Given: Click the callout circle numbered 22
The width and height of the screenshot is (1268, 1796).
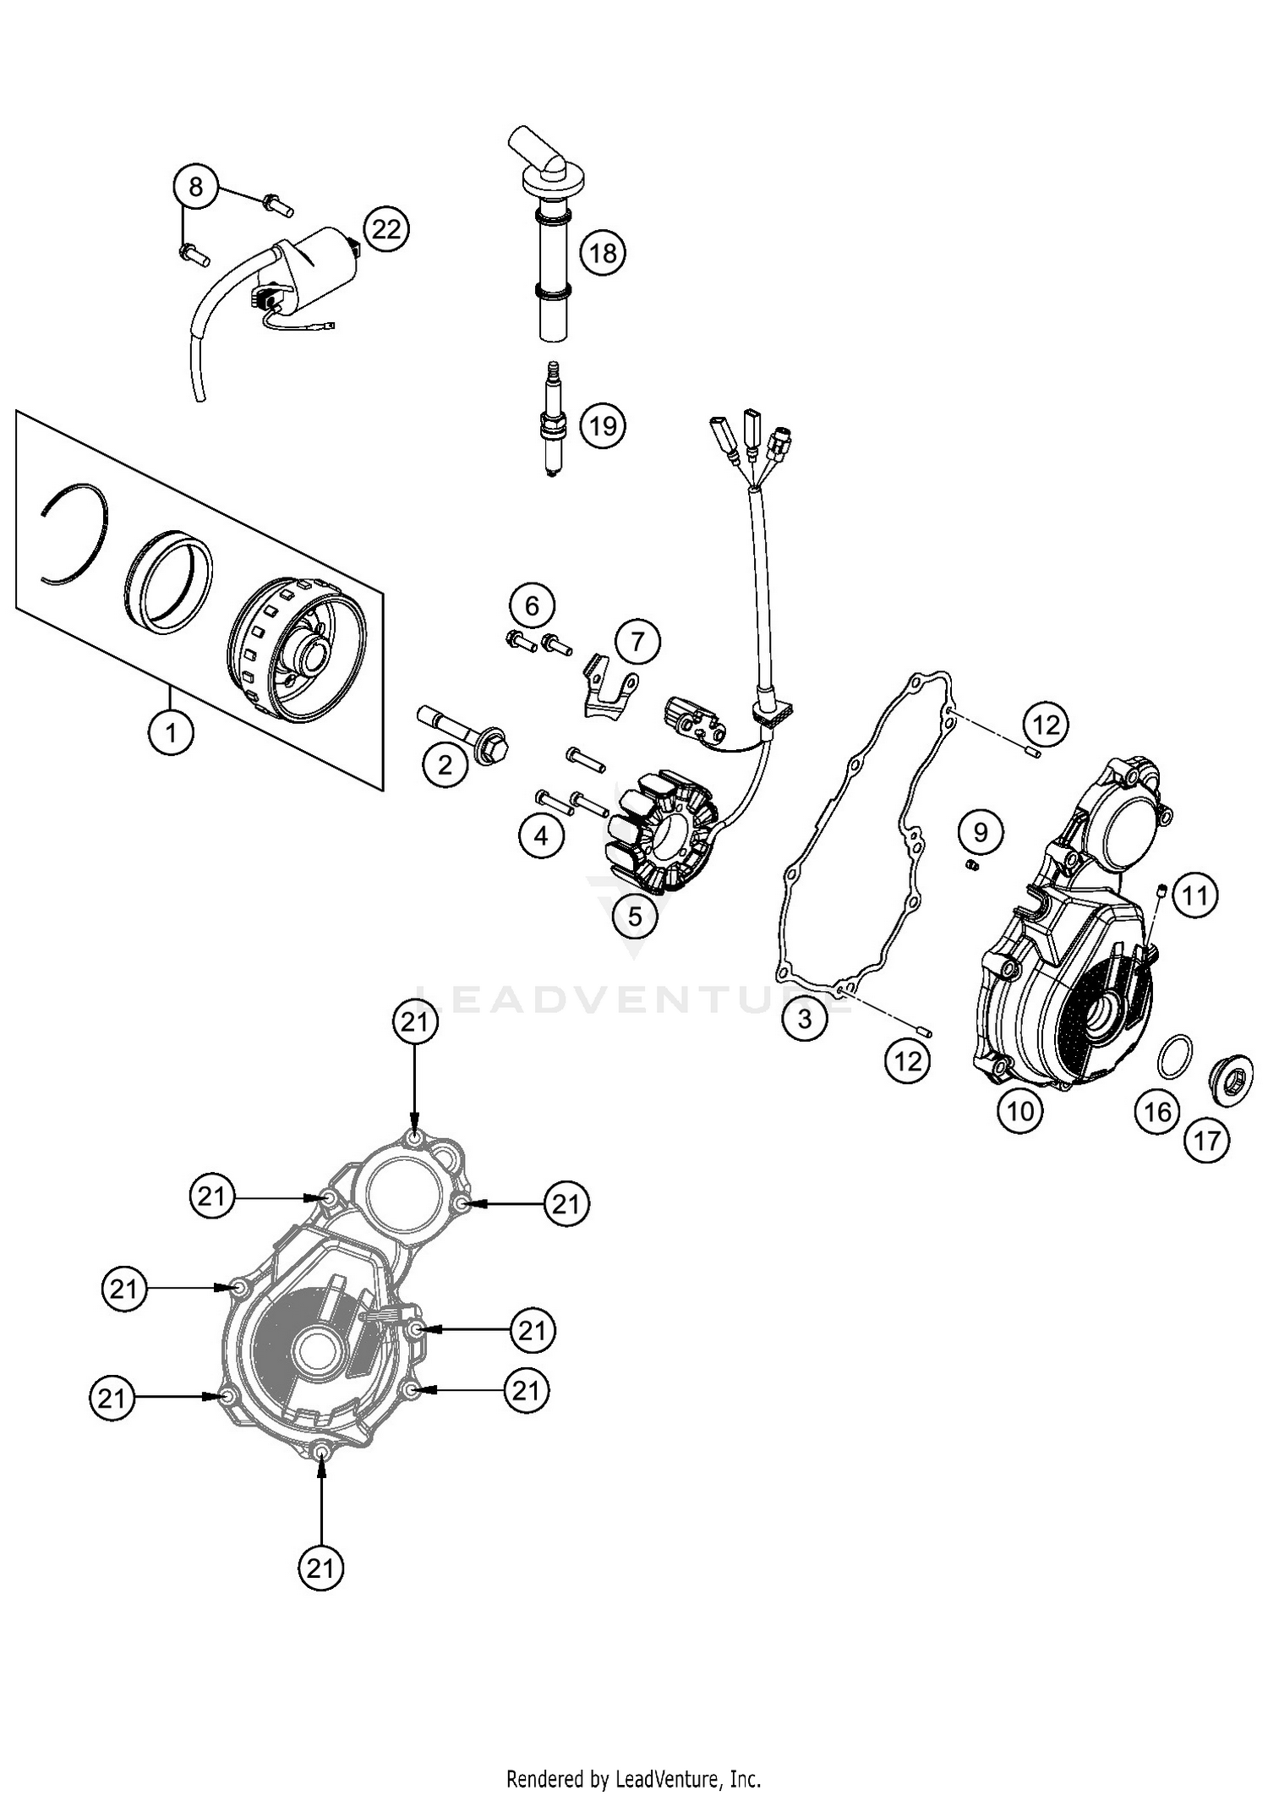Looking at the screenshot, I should click(386, 229).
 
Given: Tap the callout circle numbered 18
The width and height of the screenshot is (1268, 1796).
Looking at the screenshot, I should click(603, 252).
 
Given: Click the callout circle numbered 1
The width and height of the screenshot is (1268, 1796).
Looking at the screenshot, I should click(171, 732).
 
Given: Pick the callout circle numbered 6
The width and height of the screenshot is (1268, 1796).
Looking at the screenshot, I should click(532, 605).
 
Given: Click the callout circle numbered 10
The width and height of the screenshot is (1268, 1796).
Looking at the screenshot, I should click(1020, 1110).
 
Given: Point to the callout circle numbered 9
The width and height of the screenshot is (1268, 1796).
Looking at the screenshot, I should click(981, 833).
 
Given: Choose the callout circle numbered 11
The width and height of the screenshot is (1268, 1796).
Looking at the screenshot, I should click(1194, 895).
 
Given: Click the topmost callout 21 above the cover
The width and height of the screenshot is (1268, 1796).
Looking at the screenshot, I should click(415, 1023).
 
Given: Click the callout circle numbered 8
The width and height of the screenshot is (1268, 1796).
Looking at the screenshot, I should click(196, 186).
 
